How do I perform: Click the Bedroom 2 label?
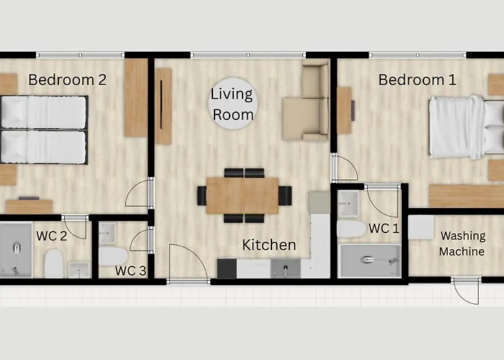point(67,80)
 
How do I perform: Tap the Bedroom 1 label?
point(417,80)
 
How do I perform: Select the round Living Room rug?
point(233,104)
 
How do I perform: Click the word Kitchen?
point(269,245)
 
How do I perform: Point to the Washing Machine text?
point(462,243)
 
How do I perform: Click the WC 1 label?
point(384,228)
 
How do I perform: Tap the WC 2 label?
point(52,236)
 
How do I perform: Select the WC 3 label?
point(131,271)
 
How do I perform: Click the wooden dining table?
point(243,195)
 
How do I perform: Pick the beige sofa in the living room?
point(306,102)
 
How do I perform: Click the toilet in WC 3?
point(113,256)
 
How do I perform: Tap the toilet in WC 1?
point(351,228)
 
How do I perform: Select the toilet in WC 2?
point(54,264)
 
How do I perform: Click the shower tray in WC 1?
point(371,261)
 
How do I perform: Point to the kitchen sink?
point(285,269)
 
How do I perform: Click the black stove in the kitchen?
point(227,269)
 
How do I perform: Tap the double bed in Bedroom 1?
point(466,127)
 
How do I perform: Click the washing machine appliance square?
point(421,228)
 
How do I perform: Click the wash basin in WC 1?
point(348,204)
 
